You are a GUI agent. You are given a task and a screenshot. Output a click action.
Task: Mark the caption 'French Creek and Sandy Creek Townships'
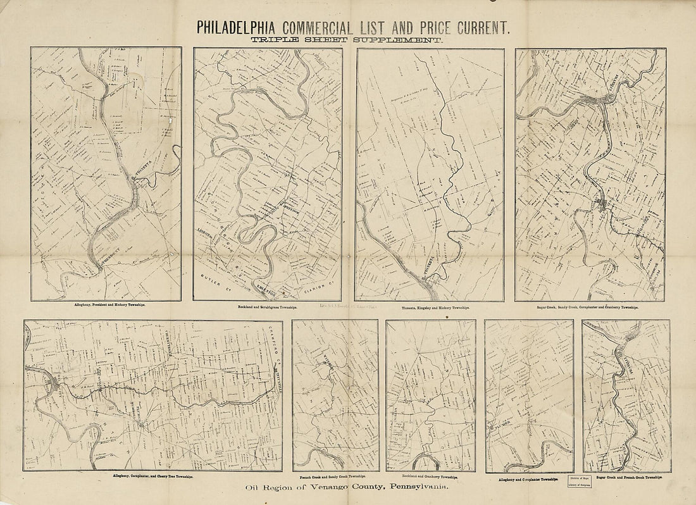[x=335, y=476]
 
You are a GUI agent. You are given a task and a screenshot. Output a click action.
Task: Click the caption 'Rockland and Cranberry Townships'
[x=430, y=476]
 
